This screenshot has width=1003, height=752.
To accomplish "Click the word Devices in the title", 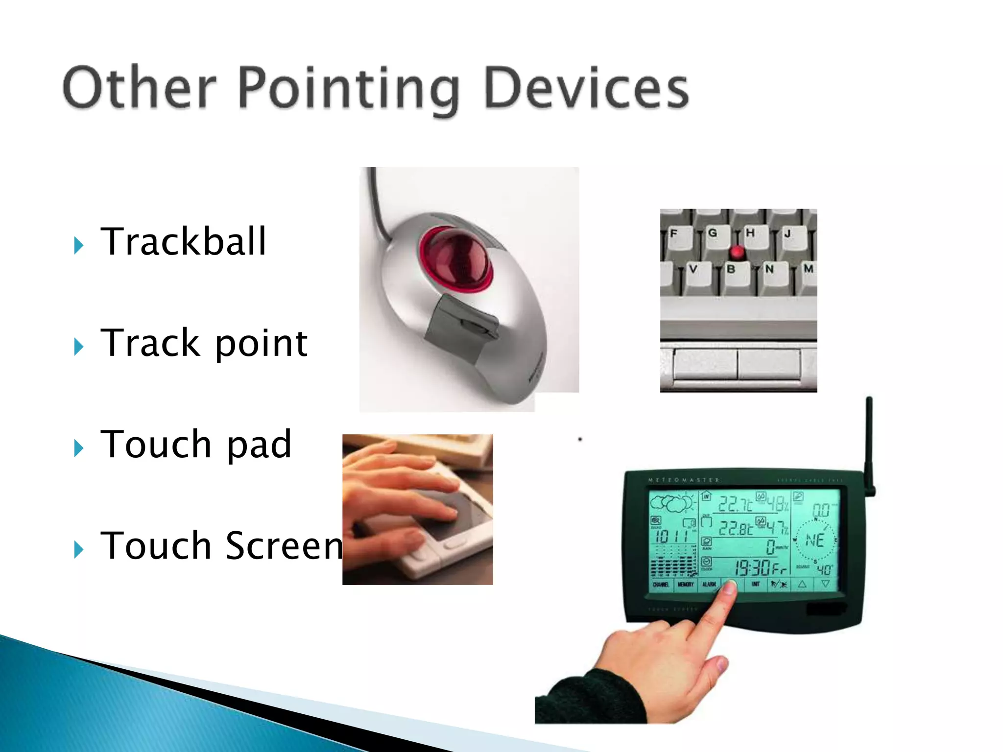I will click(586, 89).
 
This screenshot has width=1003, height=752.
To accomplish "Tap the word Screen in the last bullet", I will click(284, 545).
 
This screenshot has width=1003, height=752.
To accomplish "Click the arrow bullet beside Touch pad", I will click(79, 447).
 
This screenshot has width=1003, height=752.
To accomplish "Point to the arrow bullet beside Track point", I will click(79, 347).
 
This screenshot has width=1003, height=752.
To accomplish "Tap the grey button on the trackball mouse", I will click(460, 328).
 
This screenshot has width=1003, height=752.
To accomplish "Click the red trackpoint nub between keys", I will click(737, 253).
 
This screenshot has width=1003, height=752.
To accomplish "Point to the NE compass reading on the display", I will click(814, 540).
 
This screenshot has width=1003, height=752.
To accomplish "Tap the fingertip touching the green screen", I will click(730, 587).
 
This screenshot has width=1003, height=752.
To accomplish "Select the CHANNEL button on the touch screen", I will click(661, 585).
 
